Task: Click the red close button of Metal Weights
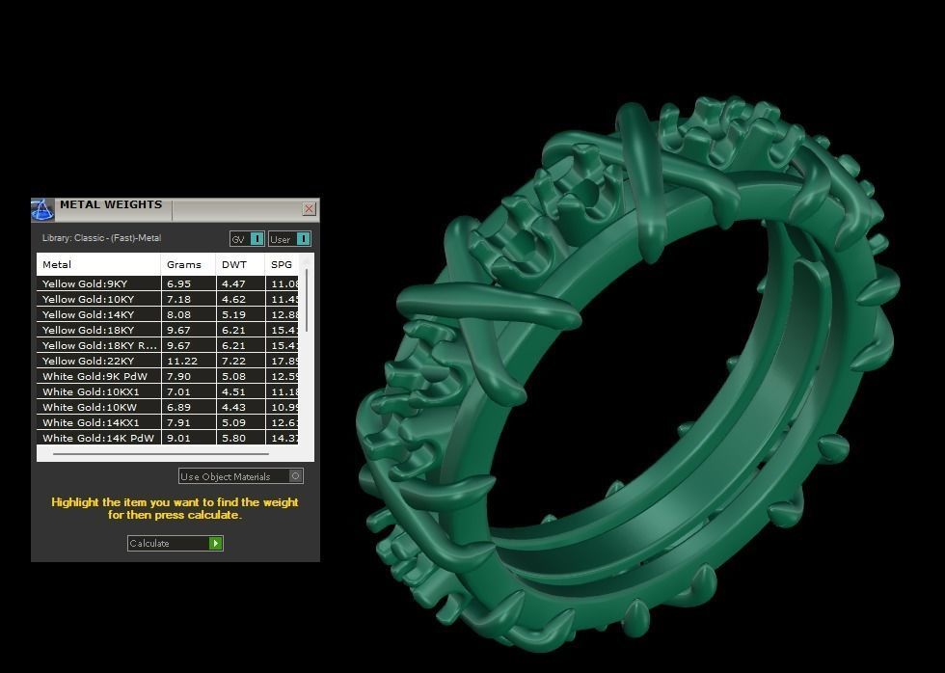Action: pyautogui.click(x=309, y=208)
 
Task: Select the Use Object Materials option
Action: pyautogui.click(x=241, y=476)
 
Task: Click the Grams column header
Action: pyautogui.click(x=184, y=264)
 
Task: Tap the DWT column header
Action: pyautogui.click(x=234, y=264)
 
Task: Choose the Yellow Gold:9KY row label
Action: pyautogui.click(x=85, y=284)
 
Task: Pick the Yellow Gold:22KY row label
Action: pyautogui.click(x=89, y=362)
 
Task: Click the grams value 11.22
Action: pyautogui.click(x=182, y=362)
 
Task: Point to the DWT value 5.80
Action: pyautogui.click(x=233, y=439)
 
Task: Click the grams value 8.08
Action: pyautogui.click(x=179, y=315)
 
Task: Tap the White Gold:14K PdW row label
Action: pyautogui.click(x=98, y=439)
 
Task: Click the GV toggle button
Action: pyautogui.click(x=247, y=239)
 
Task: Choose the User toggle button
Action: pyautogui.click(x=289, y=239)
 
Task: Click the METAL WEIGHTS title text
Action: pyautogui.click(x=111, y=205)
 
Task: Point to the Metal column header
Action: pyautogui.click(x=57, y=264)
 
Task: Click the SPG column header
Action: pyautogui.click(x=282, y=264)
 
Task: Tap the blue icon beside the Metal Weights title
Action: pyautogui.click(x=42, y=209)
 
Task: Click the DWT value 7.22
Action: pyautogui.click(x=234, y=362)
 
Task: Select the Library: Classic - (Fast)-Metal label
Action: pyautogui.click(x=101, y=238)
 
